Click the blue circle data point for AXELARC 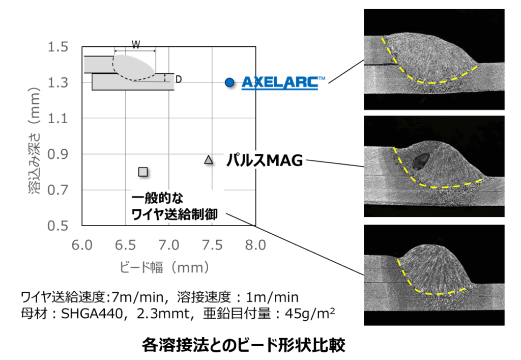click(230, 82)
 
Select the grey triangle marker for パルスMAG click(208, 160)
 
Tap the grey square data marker click(143, 171)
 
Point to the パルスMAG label click(265, 161)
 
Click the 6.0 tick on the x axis click(82, 246)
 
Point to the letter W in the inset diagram click(136, 44)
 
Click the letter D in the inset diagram click(179, 79)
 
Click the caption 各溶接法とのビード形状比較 click(244, 345)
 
